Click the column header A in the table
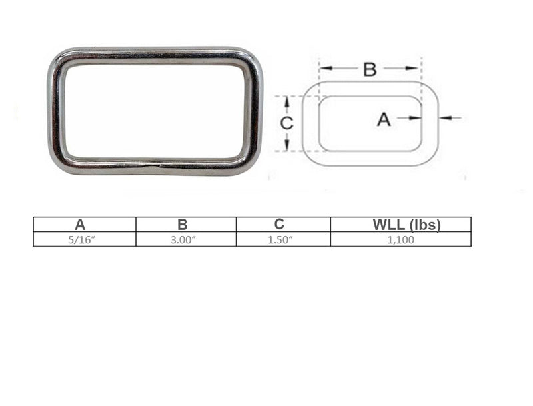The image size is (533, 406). point(85,225)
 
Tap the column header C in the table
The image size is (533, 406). point(282,225)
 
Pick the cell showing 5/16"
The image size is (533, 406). point(85,239)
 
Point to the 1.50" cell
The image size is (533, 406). point(282,239)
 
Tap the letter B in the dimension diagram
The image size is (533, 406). point(370,69)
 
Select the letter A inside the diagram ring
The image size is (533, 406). point(384,119)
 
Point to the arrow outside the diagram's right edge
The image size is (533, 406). point(451,118)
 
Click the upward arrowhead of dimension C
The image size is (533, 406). point(286,100)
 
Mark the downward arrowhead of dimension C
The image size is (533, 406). point(286,146)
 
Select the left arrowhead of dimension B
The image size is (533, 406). point(324,68)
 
